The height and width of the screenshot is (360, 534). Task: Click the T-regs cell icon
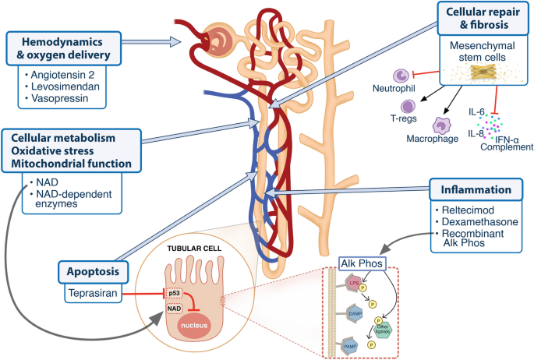pyautogui.click(x=408, y=107)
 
